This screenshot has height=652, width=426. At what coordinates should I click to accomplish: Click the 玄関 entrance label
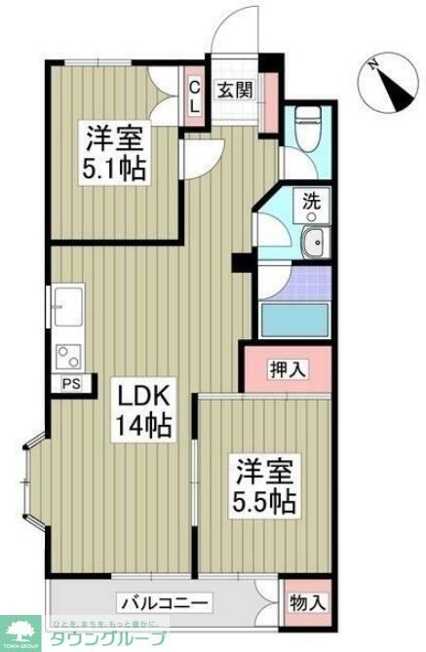(235, 91)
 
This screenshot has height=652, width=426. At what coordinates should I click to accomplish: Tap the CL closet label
(194, 96)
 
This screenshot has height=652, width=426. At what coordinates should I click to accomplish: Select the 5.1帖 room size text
(114, 170)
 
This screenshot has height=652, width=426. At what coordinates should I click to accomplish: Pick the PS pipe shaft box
(69, 383)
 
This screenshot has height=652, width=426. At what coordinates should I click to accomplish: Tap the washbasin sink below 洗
(313, 245)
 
